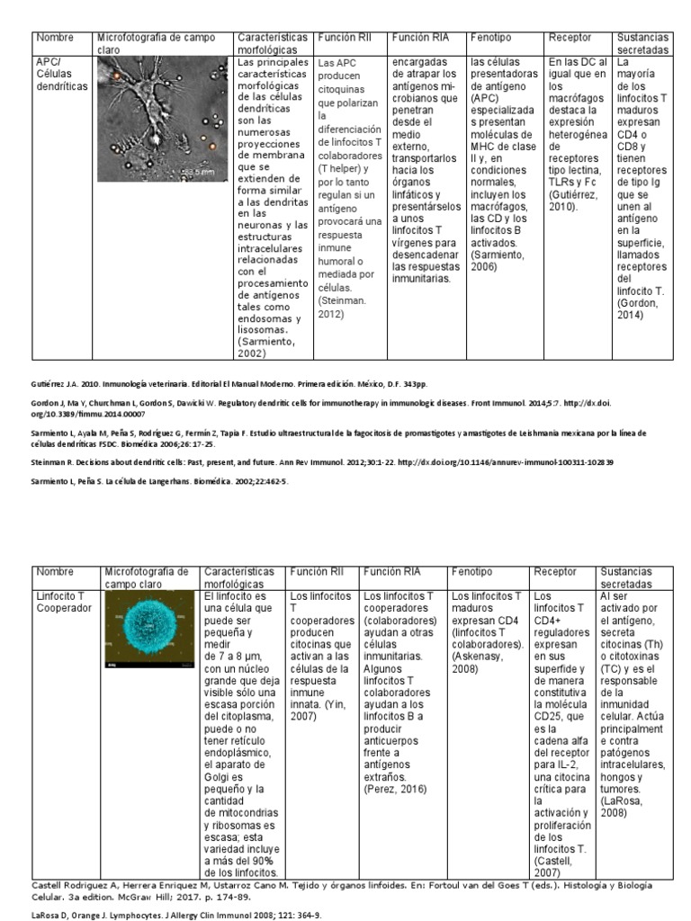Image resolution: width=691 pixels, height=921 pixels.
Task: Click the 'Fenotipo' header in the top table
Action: tap(492, 38)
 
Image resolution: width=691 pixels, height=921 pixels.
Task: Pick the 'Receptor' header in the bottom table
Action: tap(555, 571)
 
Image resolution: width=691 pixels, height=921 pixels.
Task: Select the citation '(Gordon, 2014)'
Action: tap(637, 308)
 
